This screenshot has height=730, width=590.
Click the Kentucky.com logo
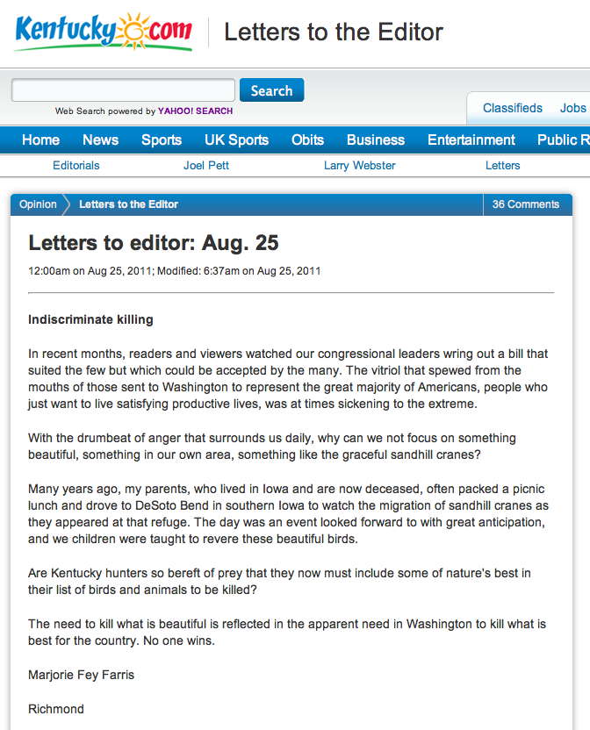103,32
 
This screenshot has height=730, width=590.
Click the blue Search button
271,90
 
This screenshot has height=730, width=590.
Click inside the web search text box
123,90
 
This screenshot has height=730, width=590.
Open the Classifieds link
513,108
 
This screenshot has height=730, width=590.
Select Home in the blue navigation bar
40,140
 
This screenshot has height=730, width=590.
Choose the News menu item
100,140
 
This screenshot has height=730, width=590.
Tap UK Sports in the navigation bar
236,140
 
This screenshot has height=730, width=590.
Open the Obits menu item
307,140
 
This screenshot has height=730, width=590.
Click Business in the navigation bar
376,140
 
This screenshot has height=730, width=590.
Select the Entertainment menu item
471,140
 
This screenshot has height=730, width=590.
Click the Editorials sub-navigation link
76,165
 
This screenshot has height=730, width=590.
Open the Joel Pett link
206,165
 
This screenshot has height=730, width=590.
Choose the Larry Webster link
360,165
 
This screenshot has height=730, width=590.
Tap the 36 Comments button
525,204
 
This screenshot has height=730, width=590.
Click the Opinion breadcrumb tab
38,204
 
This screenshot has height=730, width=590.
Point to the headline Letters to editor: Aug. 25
154,242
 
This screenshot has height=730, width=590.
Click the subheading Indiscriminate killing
90,319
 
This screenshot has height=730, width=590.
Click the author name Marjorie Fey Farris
81,675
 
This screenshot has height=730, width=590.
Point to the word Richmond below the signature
56,708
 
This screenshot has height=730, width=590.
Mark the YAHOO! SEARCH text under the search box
196,111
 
